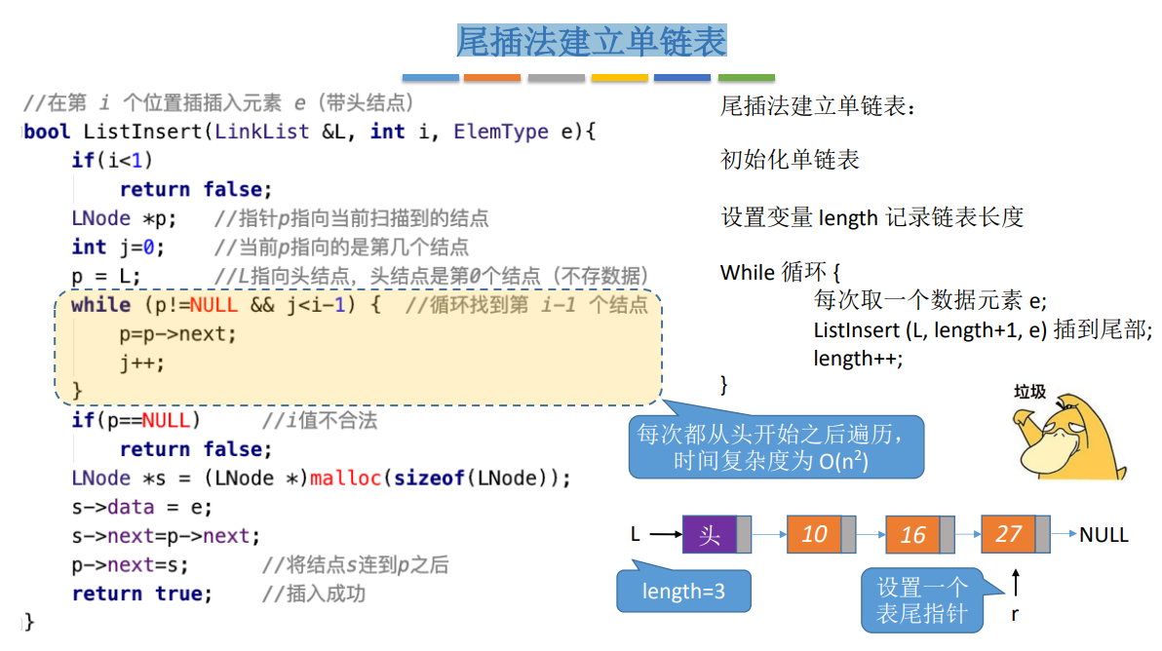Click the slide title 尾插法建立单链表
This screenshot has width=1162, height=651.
(x=591, y=42)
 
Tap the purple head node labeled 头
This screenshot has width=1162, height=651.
(x=710, y=534)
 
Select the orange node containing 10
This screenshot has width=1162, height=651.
(x=813, y=534)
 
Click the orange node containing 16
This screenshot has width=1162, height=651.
(x=912, y=535)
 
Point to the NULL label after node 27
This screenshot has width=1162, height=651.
(x=1104, y=534)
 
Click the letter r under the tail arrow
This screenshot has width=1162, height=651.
(x=1015, y=613)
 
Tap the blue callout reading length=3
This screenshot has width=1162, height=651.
(x=683, y=592)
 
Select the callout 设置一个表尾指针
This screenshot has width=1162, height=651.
(x=921, y=600)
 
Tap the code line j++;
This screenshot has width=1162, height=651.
(x=142, y=364)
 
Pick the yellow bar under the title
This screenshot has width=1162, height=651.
(x=619, y=78)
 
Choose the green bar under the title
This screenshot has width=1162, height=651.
(x=746, y=78)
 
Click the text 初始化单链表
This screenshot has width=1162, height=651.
(x=790, y=160)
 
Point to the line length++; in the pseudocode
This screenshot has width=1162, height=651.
(x=858, y=359)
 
